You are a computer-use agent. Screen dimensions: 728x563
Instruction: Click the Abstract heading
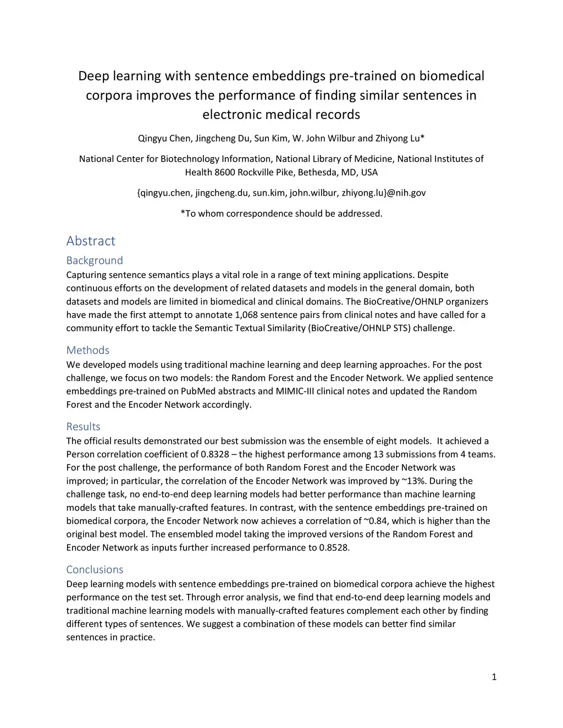pos(91,241)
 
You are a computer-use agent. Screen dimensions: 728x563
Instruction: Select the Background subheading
pos(95,260)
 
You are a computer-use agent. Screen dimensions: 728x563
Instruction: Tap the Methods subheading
pos(88,350)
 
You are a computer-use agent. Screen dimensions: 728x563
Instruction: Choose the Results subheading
pos(84,426)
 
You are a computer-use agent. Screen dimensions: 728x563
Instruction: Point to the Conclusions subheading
pos(95,569)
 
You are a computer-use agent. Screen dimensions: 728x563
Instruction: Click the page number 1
pos(494,677)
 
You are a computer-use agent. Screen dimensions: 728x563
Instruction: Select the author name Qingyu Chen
pos(164,138)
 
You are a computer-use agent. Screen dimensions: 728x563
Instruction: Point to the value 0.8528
pos(334,547)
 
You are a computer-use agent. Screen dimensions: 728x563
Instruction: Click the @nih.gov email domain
pos(406,193)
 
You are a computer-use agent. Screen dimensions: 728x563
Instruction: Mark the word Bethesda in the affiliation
pos(318,173)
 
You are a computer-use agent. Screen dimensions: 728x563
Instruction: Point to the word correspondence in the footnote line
pos(265,213)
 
